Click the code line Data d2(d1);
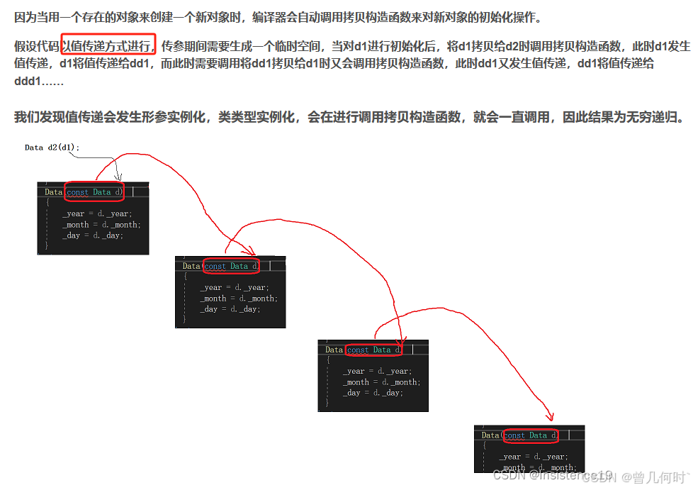coord(52,147)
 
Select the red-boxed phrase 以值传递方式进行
coord(108,46)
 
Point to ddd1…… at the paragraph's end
coord(38,82)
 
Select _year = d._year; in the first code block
coord(96,213)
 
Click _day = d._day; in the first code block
coord(92,235)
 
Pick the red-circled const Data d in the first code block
coord(94,191)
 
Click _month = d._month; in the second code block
coord(238,299)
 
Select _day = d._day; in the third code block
coord(373,393)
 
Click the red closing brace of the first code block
coord(47,245)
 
